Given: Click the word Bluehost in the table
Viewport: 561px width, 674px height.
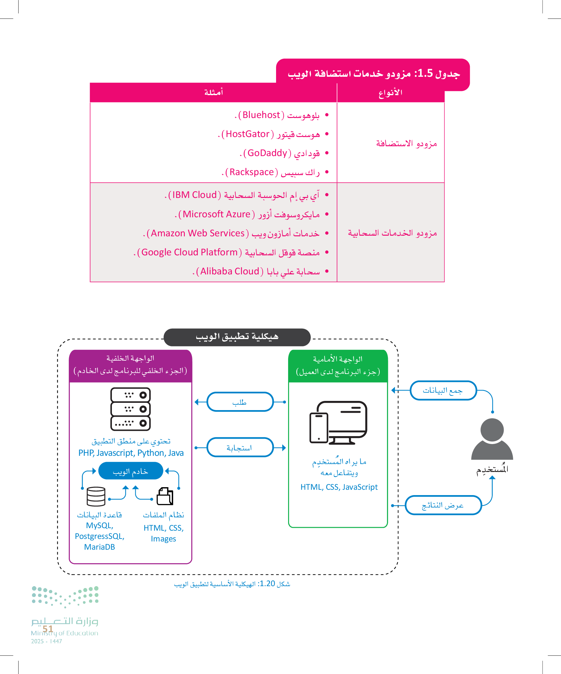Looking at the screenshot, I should (x=261, y=115).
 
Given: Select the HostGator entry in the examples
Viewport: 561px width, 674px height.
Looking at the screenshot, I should (x=247, y=134).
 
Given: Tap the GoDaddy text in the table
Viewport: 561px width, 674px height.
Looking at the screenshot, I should (x=267, y=153).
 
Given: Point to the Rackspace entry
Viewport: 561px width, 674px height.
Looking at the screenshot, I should (x=251, y=172).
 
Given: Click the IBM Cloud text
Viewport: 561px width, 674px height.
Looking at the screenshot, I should (x=194, y=195).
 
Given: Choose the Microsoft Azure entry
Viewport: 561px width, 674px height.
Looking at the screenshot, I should (x=216, y=214).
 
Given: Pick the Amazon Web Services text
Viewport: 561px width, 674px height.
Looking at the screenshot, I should (x=197, y=233).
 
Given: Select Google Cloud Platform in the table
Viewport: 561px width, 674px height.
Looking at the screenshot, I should (x=189, y=252).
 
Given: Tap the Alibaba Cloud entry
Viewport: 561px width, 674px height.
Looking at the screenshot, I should (x=230, y=272).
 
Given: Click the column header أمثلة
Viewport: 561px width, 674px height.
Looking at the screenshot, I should (x=214, y=92).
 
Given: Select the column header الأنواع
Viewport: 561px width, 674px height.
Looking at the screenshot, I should (x=390, y=93).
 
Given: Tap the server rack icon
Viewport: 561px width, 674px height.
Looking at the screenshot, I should (x=130, y=409).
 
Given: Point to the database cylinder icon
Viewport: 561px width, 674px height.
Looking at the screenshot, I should (x=96, y=496).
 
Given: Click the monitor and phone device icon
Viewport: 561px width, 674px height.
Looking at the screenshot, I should (x=338, y=423).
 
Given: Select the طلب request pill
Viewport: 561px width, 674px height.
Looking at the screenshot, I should (x=240, y=402).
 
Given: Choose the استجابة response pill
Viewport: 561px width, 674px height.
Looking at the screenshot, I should (x=240, y=448).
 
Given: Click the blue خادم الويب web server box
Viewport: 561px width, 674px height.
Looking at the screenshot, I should (x=131, y=471).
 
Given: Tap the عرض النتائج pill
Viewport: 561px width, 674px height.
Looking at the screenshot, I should (x=443, y=505).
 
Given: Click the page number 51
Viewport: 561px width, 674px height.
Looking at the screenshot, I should (x=48, y=628).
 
